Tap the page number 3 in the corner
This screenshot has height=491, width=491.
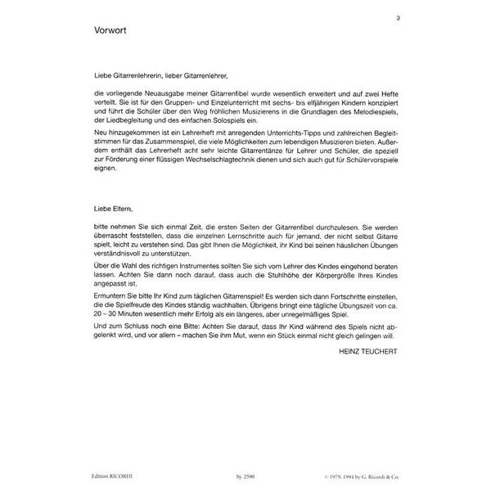(x=397, y=17)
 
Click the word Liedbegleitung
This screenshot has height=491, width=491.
(x=124, y=121)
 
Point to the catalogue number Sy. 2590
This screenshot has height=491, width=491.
(x=233, y=478)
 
